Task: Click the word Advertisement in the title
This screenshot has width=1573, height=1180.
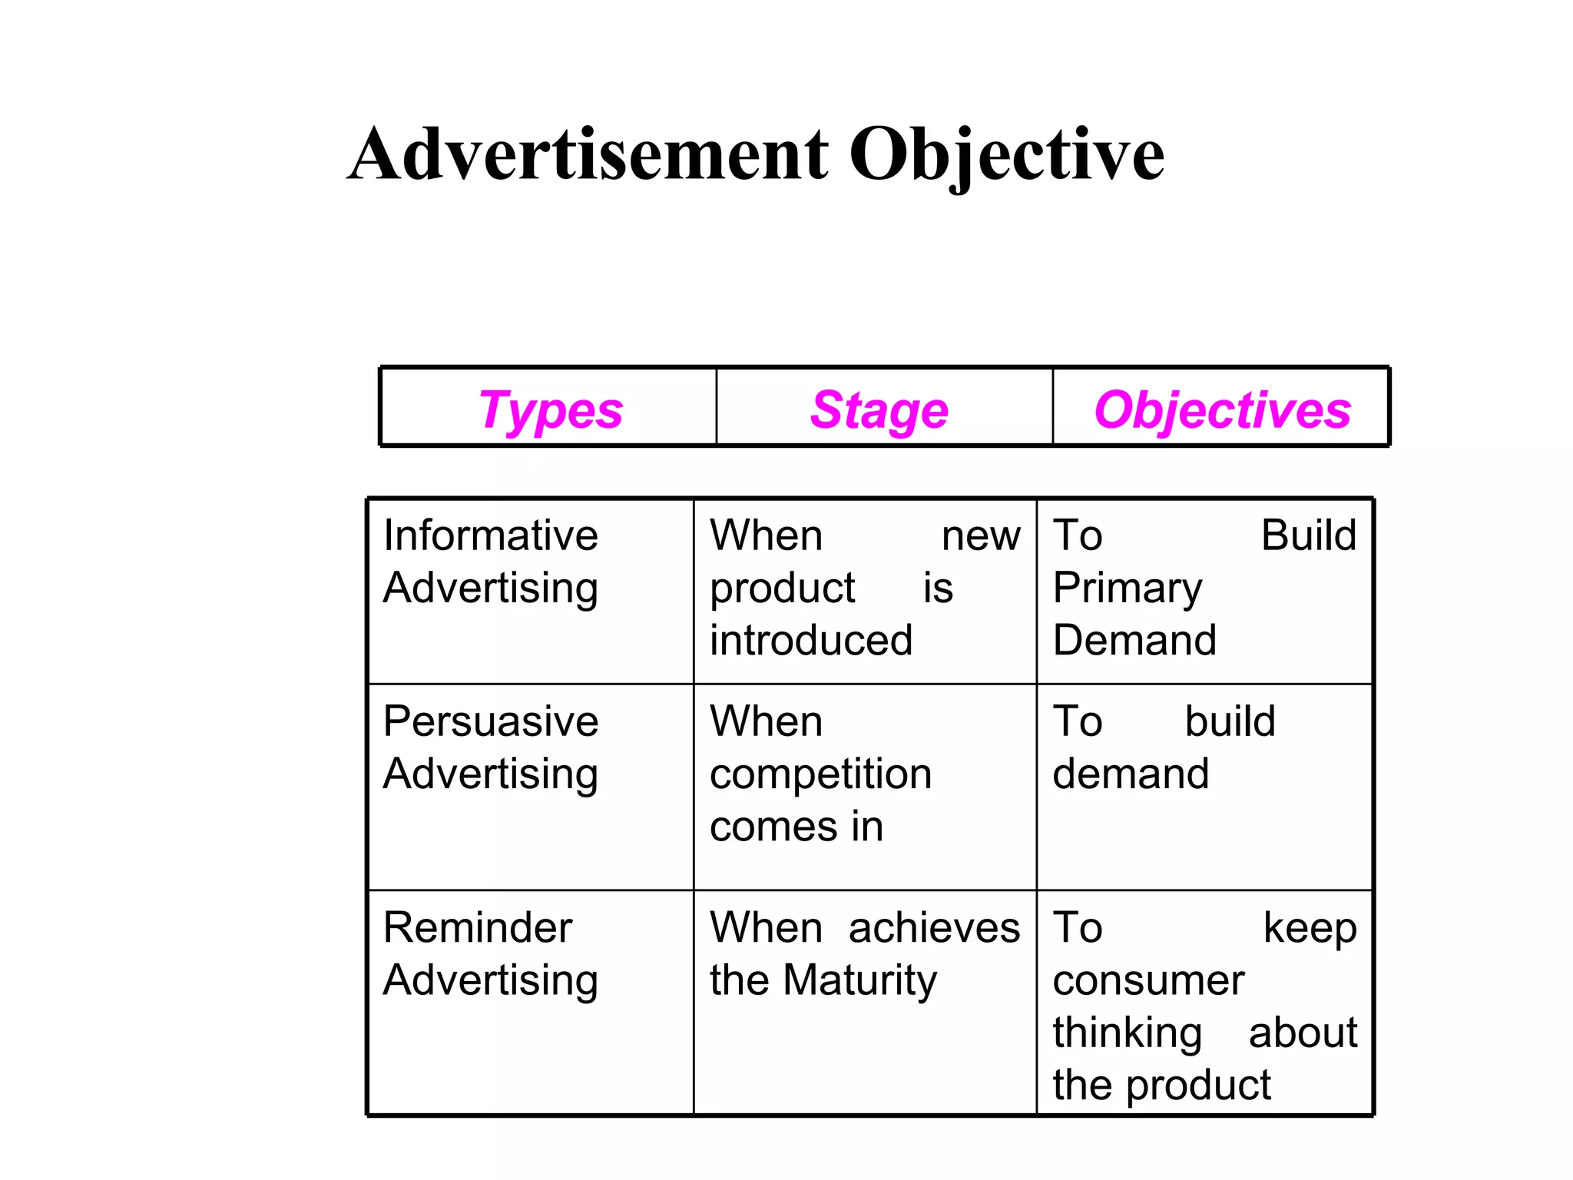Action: (588, 155)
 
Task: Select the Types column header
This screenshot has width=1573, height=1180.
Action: (550, 410)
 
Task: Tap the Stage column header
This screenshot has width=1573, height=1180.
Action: (879, 410)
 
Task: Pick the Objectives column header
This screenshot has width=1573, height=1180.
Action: (1222, 410)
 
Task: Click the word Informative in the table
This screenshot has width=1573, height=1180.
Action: (490, 535)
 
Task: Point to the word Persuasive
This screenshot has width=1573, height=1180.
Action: (490, 721)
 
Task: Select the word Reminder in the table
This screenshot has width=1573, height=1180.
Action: (477, 928)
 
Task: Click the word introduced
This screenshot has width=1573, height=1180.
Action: (811, 641)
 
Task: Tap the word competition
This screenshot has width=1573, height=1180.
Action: (820, 774)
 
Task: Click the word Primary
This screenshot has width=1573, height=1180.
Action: (1128, 589)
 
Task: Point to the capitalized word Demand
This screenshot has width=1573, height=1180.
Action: (1134, 641)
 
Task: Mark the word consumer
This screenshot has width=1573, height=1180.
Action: (1148, 981)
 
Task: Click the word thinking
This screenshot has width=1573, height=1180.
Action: (1128, 1033)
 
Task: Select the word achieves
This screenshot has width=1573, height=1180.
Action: (934, 928)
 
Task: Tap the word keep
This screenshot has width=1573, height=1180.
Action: (1310, 928)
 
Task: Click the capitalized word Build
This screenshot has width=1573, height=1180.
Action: (1309, 535)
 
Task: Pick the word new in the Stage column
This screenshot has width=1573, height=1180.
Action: (981, 535)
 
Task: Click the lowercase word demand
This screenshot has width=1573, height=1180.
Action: (1131, 774)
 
